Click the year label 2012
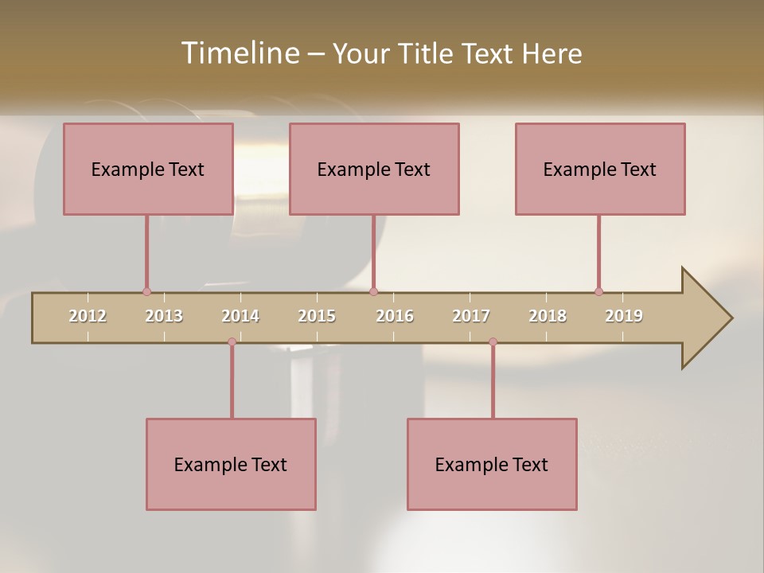pos(88,316)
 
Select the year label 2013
pos(164,316)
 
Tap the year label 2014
pos(240,316)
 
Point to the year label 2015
pos(317,316)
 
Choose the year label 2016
pos(395,316)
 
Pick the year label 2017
pos(471,316)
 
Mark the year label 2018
pos(548,316)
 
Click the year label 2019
pos(624,316)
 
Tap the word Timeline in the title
pos(239,53)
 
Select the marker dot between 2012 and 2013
pos(146,292)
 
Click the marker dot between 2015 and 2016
pos(373,292)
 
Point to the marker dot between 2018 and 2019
pos(598,292)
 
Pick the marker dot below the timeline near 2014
pos(232,342)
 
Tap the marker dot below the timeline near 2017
pos(493,342)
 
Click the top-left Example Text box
pos(148,169)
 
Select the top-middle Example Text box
pos(374,169)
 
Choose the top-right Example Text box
pos(600,169)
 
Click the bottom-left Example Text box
pos(231,464)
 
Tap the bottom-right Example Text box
pos(492,464)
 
